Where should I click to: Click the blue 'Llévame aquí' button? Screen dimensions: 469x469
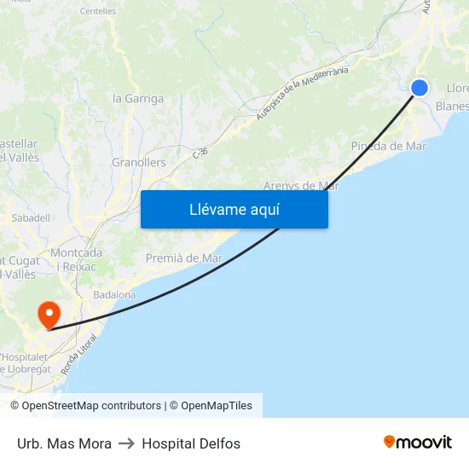point(234,209)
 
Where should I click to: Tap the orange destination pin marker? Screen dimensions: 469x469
point(49,316)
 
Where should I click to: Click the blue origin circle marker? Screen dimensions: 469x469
point(420,87)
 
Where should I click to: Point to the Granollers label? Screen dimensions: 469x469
point(139,162)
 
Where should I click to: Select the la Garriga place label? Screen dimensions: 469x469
point(138,98)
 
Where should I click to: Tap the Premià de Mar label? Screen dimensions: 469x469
point(184,258)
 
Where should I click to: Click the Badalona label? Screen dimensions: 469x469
point(114,294)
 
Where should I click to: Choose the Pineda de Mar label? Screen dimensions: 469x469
point(388,146)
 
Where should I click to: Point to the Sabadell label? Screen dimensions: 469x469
point(31,218)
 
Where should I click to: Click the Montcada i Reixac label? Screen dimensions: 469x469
point(77,259)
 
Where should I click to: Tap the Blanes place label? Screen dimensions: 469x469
point(452,107)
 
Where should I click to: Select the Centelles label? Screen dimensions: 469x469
point(97,11)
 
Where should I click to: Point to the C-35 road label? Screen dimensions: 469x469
point(200,152)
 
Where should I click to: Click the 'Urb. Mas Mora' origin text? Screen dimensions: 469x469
point(64,443)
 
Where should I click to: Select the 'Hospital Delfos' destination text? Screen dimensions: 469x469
point(191,443)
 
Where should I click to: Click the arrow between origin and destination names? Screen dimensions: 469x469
point(127,443)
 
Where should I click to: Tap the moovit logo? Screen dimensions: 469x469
point(418,443)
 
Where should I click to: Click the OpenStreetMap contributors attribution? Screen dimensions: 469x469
point(85,406)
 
